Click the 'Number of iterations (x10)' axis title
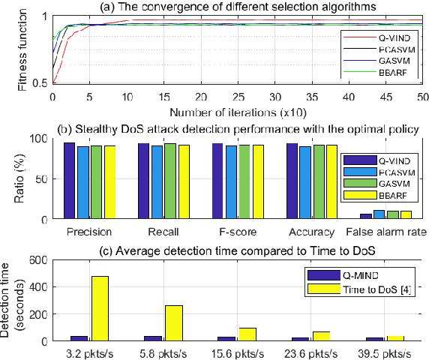(x=237, y=112)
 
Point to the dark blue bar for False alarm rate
(x=366, y=217)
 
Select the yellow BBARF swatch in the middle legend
(x=352, y=194)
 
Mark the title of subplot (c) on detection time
(x=237, y=249)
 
